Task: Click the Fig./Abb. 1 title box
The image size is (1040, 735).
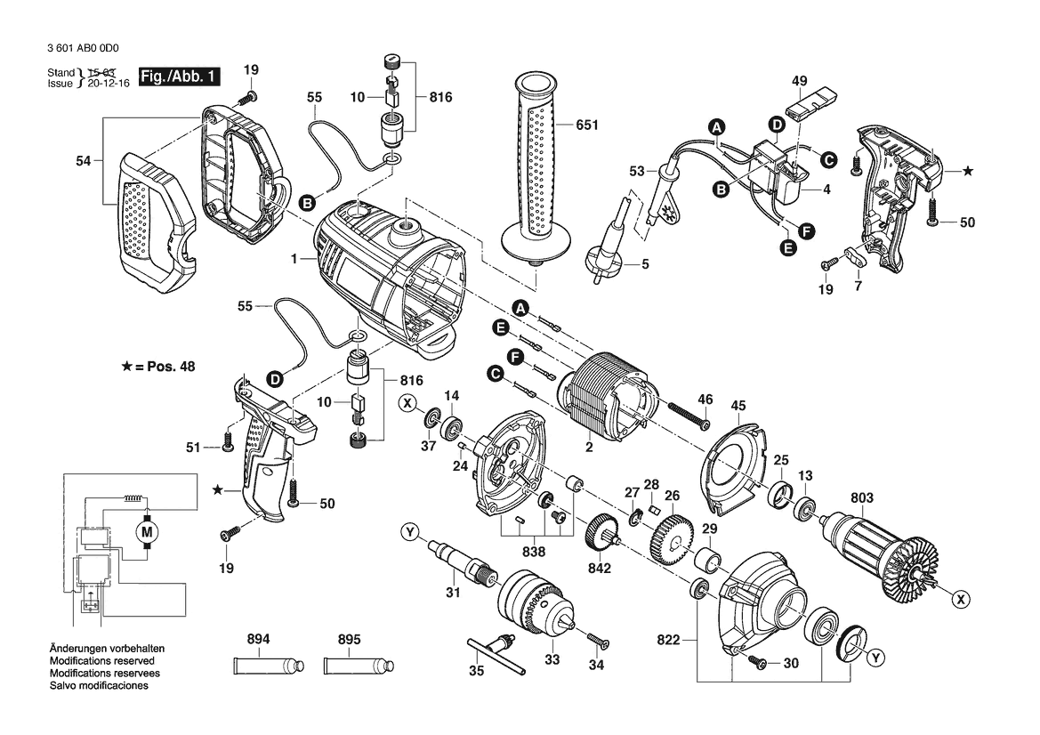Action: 179,77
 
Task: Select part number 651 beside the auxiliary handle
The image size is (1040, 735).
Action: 587,125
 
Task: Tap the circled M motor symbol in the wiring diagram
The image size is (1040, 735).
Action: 148,531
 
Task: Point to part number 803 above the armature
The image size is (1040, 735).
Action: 861,497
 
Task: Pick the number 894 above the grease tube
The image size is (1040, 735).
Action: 258,639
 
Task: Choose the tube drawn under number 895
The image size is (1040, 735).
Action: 359,665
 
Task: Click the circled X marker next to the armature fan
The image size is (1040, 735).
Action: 960,600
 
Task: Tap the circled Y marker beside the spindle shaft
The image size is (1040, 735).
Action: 410,532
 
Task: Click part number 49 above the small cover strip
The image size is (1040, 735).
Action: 799,81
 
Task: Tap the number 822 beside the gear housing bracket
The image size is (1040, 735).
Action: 668,640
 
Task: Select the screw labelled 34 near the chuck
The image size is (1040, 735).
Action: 598,640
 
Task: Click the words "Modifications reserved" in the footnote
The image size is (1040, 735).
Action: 102,661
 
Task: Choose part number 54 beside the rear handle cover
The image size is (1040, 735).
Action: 83,160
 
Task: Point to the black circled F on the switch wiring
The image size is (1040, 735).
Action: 806,231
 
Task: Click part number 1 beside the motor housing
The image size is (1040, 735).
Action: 294,259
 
